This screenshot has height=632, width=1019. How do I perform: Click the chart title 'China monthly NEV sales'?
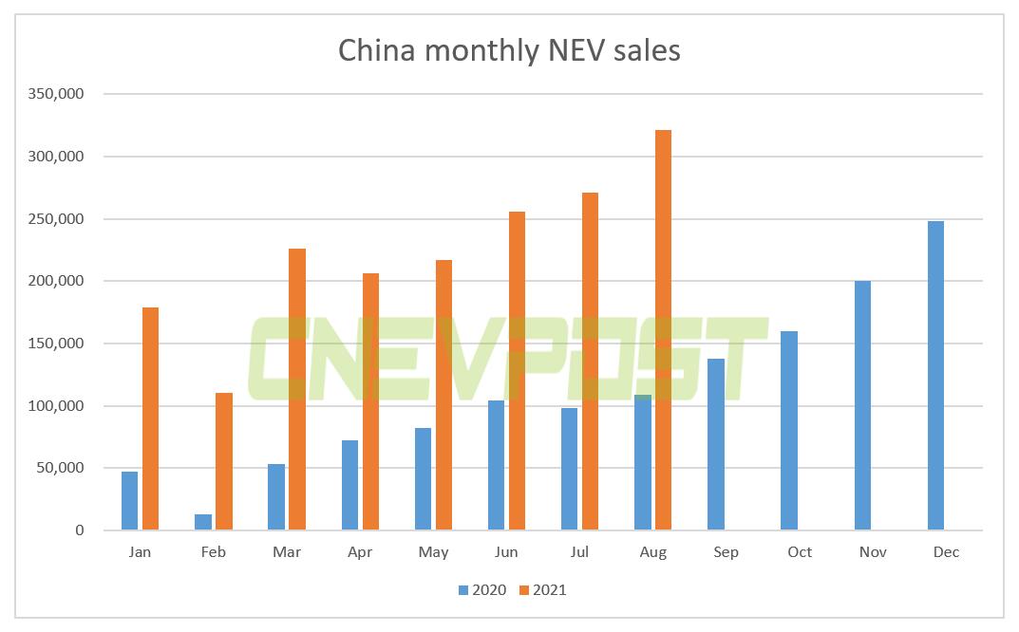pyautogui.click(x=509, y=50)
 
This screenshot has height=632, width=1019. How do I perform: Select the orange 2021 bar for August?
pyautogui.click(x=663, y=330)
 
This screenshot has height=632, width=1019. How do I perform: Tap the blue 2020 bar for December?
pyautogui.click(x=935, y=376)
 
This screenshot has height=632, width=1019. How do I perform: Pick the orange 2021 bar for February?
pyautogui.click(x=224, y=461)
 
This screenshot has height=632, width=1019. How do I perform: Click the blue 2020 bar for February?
pyautogui.click(x=203, y=522)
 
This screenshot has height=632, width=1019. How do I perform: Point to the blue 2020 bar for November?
pyautogui.click(x=862, y=405)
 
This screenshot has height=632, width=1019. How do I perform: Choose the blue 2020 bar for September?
pyautogui.click(x=716, y=444)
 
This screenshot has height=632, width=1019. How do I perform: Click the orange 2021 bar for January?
pyautogui.click(x=150, y=418)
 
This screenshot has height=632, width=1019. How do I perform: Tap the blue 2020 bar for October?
pyautogui.click(x=789, y=431)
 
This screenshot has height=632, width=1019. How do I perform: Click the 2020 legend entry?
pyautogui.click(x=481, y=590)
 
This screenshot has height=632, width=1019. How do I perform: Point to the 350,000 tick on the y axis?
pyautogui.click(x=59, y=94)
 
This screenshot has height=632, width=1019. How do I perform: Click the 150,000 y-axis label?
pyautogui.click(x=59, y=344)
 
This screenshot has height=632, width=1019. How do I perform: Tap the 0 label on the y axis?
pyautogui.click(x=80, y=530)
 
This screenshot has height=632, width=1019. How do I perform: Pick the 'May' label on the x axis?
pyautogui.click(x=433, y=552)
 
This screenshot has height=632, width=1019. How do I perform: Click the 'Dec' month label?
pyautogui.click(x=946, y=552)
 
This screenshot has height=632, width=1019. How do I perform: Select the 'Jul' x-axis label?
pyautogui.click(x=579, y=552)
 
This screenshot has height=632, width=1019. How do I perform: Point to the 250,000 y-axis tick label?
pyautogui.click(x=59, y=219)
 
